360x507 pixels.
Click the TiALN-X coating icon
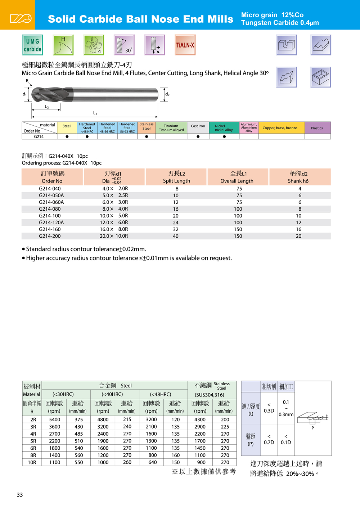coord(185,45)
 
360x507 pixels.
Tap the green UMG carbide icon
coord(33,45)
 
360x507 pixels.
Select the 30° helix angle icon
coord(124,45)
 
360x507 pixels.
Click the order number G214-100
coord(50,216)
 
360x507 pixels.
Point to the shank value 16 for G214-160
coord(298,229)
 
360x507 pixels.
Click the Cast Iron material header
coord(198,126)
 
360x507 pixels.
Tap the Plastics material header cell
coord(317,128)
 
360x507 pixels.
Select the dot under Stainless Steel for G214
coord(147,136)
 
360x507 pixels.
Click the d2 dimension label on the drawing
coord(167,94)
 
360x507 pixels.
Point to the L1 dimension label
coord(95,113)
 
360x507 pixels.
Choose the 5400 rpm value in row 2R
coord(55,419)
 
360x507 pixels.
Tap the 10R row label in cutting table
coord(32,462)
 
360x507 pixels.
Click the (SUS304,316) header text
coord(210,395)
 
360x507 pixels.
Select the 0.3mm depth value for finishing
coord(286,414)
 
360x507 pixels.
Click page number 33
coord(20,495)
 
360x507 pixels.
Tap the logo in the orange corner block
coord(21,18)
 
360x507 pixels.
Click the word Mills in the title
coord(218,19)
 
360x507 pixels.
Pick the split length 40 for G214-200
coord(176,236)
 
